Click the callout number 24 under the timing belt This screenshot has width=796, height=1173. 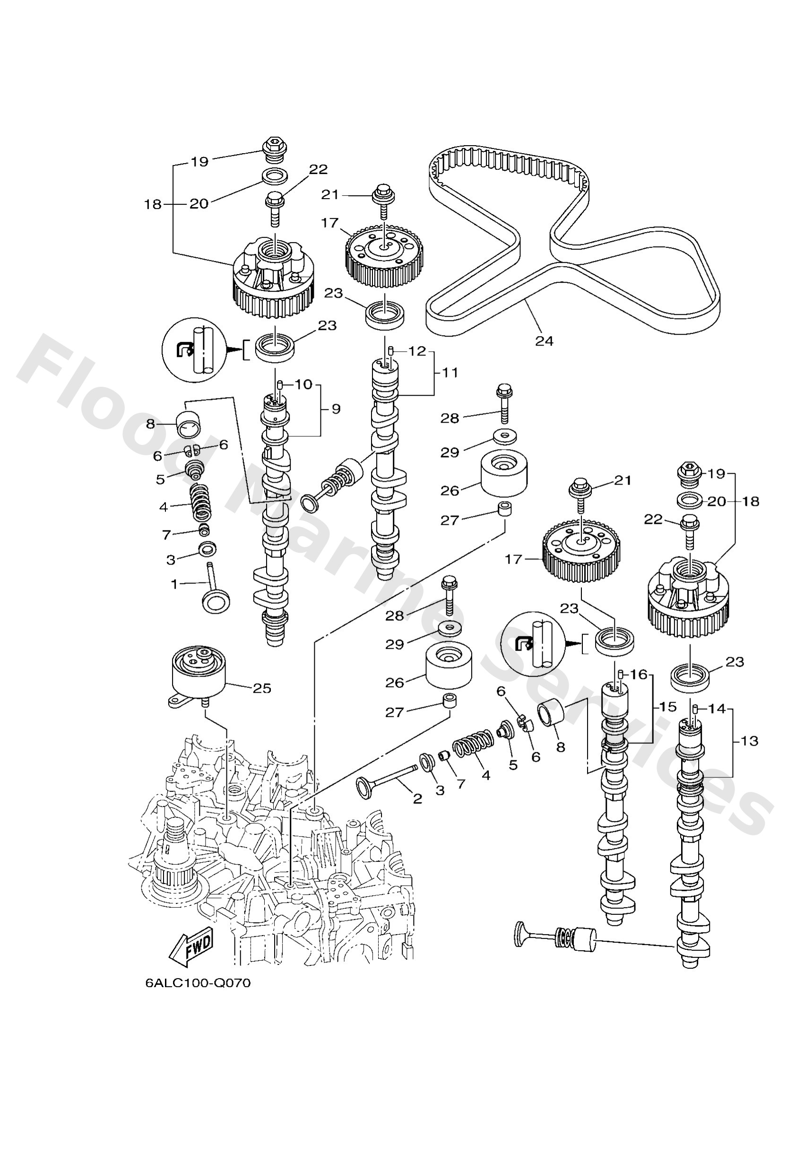point(544,341)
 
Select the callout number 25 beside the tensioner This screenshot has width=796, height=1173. point(262,688)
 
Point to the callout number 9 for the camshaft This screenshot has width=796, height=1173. point(336,409)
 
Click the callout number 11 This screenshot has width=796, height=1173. point(450,373)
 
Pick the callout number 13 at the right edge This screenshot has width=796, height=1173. point(750,741)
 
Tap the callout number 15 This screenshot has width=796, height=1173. point(667,707)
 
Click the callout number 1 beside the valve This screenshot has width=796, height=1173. point(174,584)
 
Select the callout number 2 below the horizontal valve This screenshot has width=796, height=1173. point(417,799)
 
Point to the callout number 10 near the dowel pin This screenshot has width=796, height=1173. point(303,384)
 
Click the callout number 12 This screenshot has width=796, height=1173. point(417,351)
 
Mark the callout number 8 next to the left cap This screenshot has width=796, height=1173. point(150,424)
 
